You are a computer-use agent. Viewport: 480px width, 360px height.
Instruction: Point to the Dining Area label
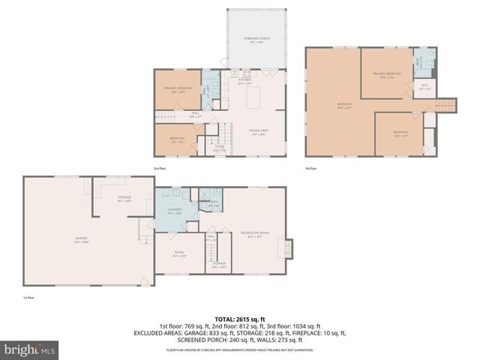point(259,132)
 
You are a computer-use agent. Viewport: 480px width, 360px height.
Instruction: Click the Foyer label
point(220,148)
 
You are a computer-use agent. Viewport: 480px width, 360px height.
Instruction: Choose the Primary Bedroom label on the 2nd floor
point(178,89)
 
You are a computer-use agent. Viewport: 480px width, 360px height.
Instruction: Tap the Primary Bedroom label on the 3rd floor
point(387,74)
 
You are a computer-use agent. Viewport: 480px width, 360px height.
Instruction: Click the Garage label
point(81,240)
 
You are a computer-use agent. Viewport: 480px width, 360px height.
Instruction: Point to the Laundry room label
point(174,211)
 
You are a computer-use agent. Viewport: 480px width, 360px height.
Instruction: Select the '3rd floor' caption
point(312,169)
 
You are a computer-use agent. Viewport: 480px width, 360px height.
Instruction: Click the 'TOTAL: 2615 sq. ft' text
point(239,319)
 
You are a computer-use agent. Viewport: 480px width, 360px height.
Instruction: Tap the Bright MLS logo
point(23,349)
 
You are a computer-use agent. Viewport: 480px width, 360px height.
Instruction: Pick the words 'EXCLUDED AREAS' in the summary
point(181,334)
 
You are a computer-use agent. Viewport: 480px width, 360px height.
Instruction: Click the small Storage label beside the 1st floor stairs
point(218,264)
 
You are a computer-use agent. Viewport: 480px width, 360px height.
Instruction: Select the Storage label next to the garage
point(124,199)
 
